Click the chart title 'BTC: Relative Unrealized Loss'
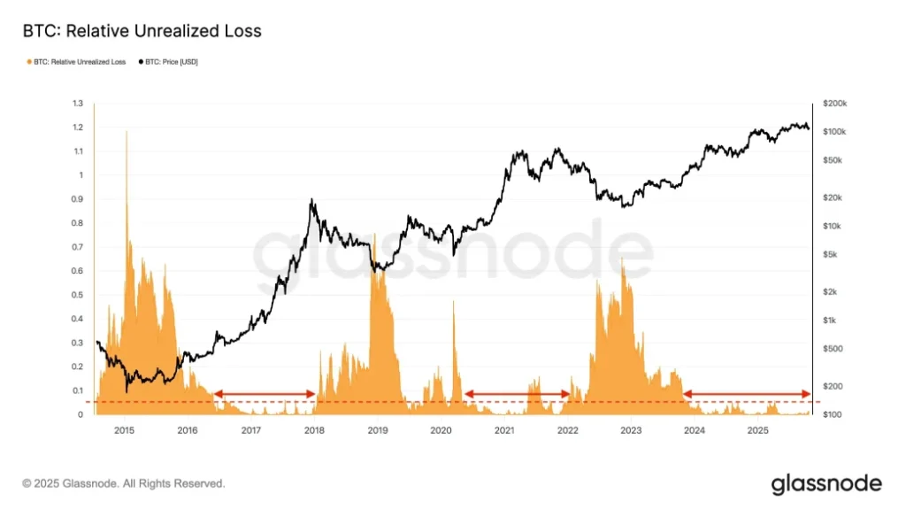142,32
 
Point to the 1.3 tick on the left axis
77,104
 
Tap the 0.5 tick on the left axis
77,295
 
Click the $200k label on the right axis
835,104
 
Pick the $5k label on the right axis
831,255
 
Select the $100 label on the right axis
833,414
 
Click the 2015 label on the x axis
125,431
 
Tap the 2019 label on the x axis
378,431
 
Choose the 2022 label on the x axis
567,431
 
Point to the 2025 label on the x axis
757,431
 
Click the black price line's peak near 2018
311,202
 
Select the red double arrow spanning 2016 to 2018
265,394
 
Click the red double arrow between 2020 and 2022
518,394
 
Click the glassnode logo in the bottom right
826,483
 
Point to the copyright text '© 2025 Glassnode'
124,484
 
